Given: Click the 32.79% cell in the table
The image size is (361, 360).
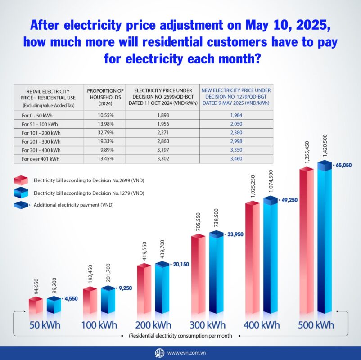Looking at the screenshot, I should pos(105,133).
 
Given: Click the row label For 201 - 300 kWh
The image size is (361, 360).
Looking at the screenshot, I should pos(42,141).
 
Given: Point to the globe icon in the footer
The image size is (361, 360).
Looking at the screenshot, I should pos(159,353).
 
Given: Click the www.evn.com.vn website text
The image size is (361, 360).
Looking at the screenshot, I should pos(187,353).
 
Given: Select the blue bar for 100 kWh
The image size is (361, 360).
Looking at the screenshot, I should pos(108,300).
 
